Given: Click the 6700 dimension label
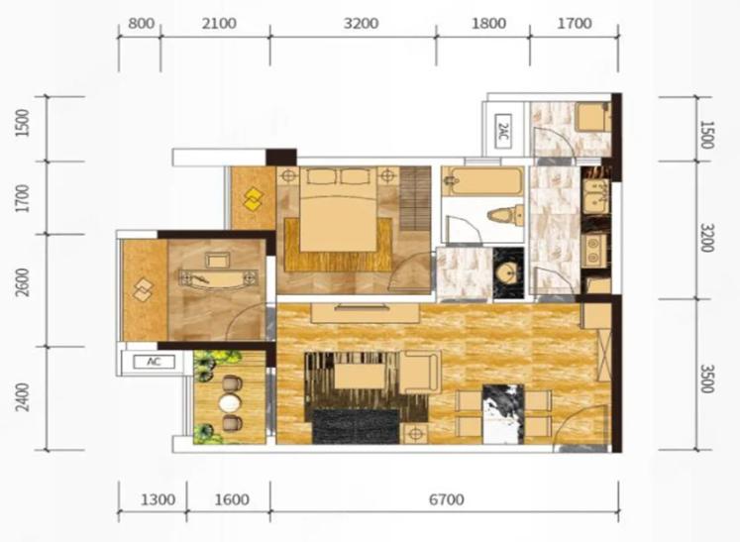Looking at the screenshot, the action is point(447,499).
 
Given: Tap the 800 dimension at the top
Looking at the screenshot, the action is point(141,23).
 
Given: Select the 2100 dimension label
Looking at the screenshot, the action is point(219,23).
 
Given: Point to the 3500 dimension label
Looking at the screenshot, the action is point(706,379).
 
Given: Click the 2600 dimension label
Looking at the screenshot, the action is point(23,282).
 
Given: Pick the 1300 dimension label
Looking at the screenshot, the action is point(159,499).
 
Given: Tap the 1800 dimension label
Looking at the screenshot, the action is point(489,23).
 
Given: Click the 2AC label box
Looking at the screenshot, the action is point(503,131).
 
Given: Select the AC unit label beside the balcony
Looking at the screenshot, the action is point(154,362).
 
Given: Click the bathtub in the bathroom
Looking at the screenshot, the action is point(482,181).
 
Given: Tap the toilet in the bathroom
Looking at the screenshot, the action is point(506,216).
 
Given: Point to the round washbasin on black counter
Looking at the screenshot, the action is point(508,273).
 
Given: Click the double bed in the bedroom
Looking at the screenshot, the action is point(338,210).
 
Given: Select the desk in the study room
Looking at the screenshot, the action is point(219,277).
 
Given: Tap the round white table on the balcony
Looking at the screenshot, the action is point(230,403).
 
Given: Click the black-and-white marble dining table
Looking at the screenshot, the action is point(503,414).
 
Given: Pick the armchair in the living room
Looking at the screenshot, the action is point(420,372).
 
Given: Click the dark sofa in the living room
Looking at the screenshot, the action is point(356,426).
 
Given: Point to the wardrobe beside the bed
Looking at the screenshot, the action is point(415,198).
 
